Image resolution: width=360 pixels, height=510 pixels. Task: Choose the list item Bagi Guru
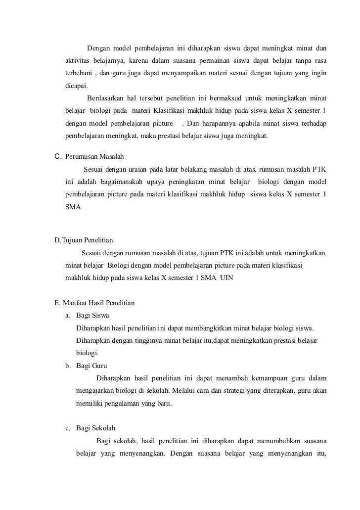[91, 366]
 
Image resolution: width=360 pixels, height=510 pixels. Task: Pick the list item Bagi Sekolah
[96, 429]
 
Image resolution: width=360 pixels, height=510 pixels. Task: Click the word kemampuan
[260, 378]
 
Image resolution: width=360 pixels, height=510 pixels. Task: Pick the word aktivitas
[77, 61]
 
